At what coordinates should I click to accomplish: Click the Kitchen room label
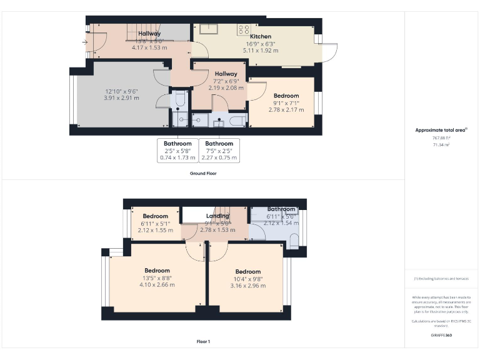point(259,37)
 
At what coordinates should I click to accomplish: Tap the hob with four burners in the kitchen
point(243,29)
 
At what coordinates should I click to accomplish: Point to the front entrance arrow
point(84,42)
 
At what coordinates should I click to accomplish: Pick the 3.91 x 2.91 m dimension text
point(121,98)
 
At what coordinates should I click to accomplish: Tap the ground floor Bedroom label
point(286,96)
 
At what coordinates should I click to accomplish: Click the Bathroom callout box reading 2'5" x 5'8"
point(177,151)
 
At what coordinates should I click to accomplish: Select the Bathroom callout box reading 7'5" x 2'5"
point(219,151)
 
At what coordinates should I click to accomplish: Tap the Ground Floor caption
point(203,173)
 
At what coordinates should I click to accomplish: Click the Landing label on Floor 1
point(217,216)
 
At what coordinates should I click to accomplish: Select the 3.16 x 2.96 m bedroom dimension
point(247,286)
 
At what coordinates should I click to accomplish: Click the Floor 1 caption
point(203,342)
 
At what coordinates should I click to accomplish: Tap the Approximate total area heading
point(441,130)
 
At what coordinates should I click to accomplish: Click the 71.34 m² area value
point(441,144)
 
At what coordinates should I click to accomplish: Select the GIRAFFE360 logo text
point(441,336)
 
